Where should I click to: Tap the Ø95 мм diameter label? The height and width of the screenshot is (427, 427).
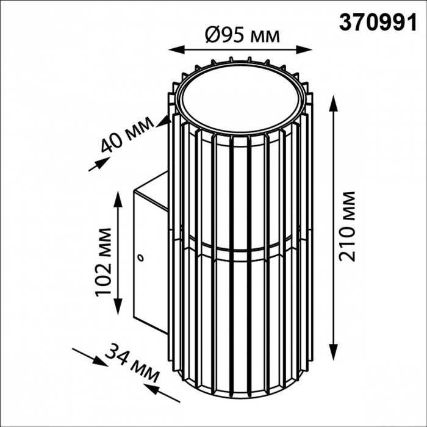click(243, 35)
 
